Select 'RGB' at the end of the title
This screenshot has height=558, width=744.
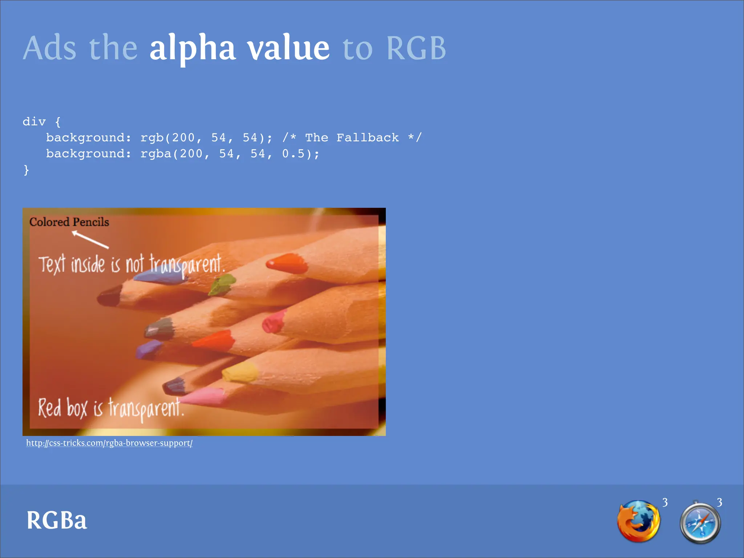[416, 48]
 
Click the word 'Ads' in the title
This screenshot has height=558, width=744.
[50, 48]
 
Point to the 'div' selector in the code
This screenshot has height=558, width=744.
[34, 122]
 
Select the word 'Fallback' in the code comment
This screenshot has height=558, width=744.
[367, 138]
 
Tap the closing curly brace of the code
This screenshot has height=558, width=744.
[26, 170]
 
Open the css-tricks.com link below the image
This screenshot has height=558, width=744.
[109, 443]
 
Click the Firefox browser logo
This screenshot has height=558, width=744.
[638, 522]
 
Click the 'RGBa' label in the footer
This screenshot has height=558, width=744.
[57, 520]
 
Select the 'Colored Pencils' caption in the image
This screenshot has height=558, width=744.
[69, 222]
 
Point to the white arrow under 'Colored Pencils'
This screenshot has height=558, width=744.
[90, 240]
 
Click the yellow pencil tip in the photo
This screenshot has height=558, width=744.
[240, 372]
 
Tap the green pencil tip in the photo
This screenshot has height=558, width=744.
[222, 284]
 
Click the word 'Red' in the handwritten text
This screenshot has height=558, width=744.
[49, 408]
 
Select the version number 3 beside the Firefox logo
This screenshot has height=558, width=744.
[665, 502]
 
